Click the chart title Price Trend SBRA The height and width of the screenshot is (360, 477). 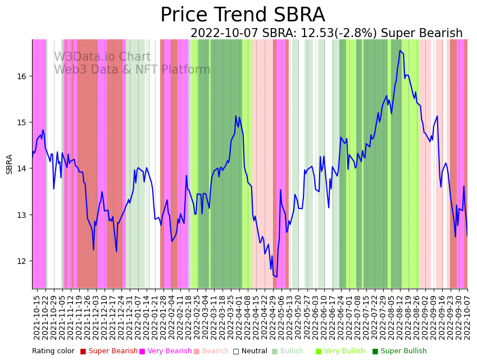[x=242, y=15]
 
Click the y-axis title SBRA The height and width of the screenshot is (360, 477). [x=10, y=164]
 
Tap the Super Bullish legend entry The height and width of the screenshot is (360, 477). [x=403, y=352]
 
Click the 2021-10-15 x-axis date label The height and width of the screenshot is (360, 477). [x=37, y=317]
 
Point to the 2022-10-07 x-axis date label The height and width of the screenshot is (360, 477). [x=467, y=317]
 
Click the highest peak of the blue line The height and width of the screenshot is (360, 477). [x=400, y=51]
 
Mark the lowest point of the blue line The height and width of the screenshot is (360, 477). [x=276, y=277]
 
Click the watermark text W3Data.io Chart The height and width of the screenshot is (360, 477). [x=102, y=57]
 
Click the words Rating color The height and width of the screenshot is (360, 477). [x=53, y=352]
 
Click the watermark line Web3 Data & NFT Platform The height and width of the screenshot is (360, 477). [x=132, y=70]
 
